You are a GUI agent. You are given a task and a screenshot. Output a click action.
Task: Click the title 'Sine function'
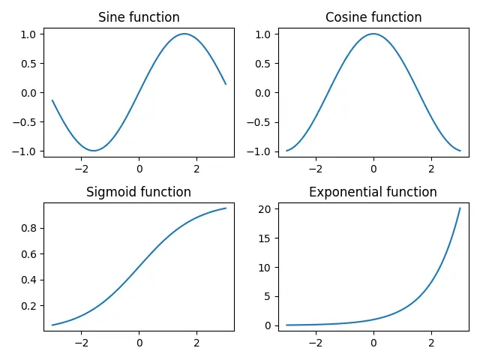[139, 17]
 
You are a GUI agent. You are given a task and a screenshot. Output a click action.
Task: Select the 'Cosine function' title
[373, 17]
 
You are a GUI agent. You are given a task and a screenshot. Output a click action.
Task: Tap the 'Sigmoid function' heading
[139, 192]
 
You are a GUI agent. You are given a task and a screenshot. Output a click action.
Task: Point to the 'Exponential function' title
[373, 192]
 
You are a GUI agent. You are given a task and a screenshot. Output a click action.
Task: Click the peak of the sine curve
[184, 34]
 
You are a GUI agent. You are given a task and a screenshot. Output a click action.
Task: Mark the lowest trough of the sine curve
[94, 151]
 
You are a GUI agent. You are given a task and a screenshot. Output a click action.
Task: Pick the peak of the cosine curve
[373, 34]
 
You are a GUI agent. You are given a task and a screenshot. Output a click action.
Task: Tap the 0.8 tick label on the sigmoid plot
[28, 228]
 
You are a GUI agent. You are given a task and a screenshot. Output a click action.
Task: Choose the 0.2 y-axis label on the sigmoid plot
[28, 306]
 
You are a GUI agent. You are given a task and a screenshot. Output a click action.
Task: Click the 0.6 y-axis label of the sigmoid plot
[28, 254]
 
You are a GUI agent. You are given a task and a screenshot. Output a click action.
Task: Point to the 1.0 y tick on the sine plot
[28, 34]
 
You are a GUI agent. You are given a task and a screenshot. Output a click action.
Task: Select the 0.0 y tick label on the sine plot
[28, 92]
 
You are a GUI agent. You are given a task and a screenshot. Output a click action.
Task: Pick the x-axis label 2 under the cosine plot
[431, 169]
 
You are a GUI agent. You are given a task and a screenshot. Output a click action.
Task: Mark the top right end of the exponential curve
[460, 208]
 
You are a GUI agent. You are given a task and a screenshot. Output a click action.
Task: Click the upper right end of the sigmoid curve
[226, 208]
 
